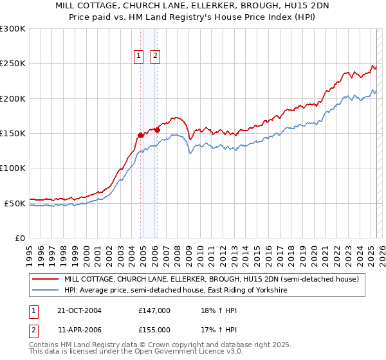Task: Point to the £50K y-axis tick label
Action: coord(15,203)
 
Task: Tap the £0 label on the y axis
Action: coord(21,238)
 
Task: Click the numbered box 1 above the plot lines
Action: coord(139,56)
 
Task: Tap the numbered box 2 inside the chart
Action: coord(156,56)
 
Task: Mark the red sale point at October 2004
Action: coord(141,135)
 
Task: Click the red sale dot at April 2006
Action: coord(157,130)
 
